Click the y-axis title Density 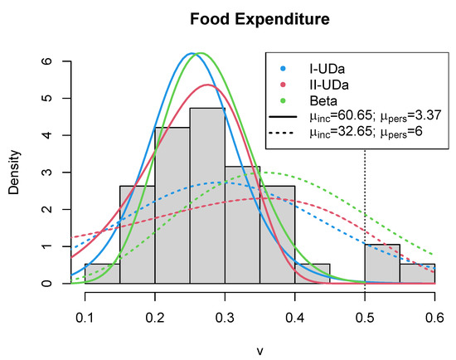click(x=15, y=172)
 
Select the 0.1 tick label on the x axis click(x=85, y=318)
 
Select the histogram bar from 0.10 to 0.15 click(x=103, y=274)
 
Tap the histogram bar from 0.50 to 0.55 click(x=382, y=264)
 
